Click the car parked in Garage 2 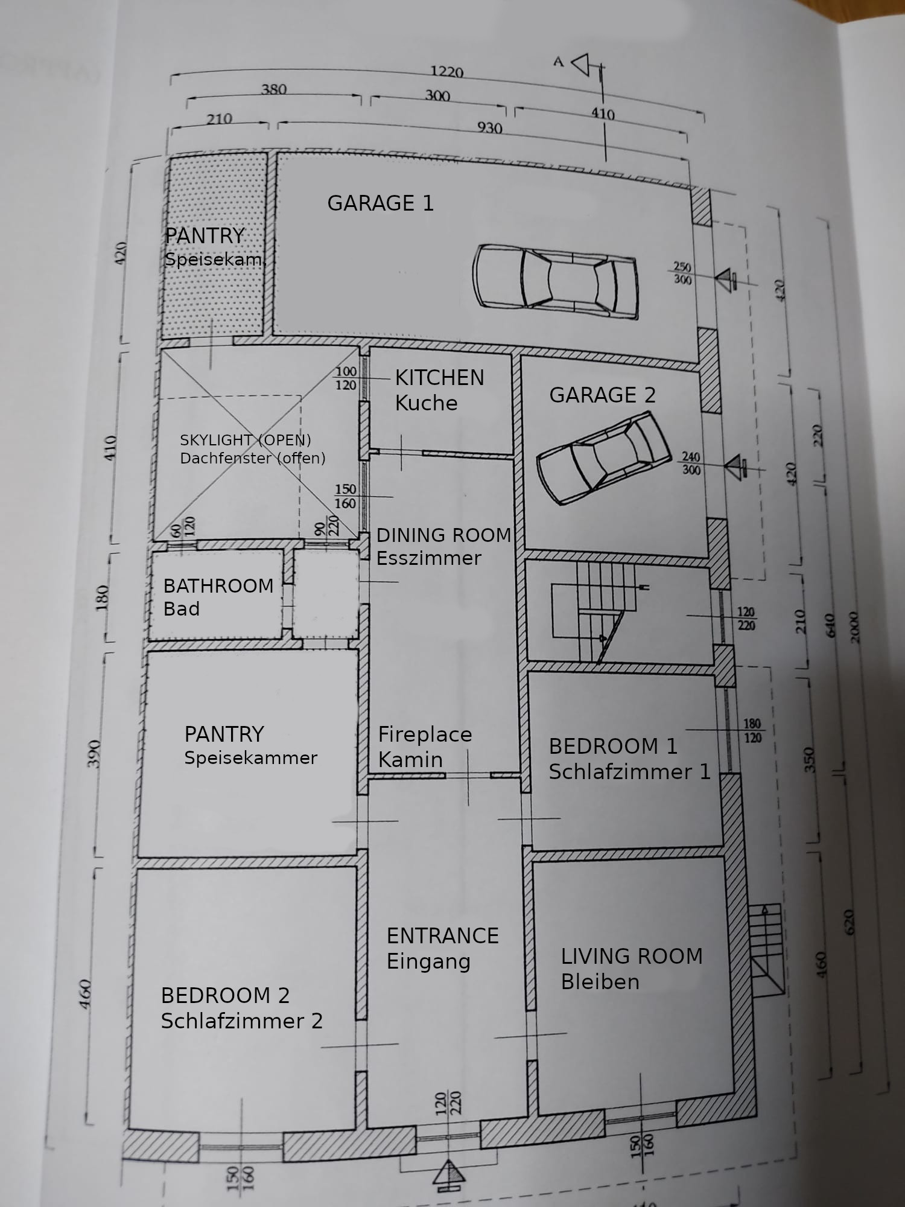[603, 457]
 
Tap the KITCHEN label [439, 378]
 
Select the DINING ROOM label [443, 535]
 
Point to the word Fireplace [425, 734]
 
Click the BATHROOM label [218, 586]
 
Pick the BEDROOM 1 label [613, 747]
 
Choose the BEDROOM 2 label [225, 995]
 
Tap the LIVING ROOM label [632, 956]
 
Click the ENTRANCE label [442, 935]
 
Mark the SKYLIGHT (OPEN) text [246, 440]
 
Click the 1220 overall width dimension [446, 72]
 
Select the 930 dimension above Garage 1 [489, 128]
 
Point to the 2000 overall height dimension [853, 628]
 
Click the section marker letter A [559, 62]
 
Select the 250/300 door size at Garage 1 [682, 273]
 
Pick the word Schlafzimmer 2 [241, 1021]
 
